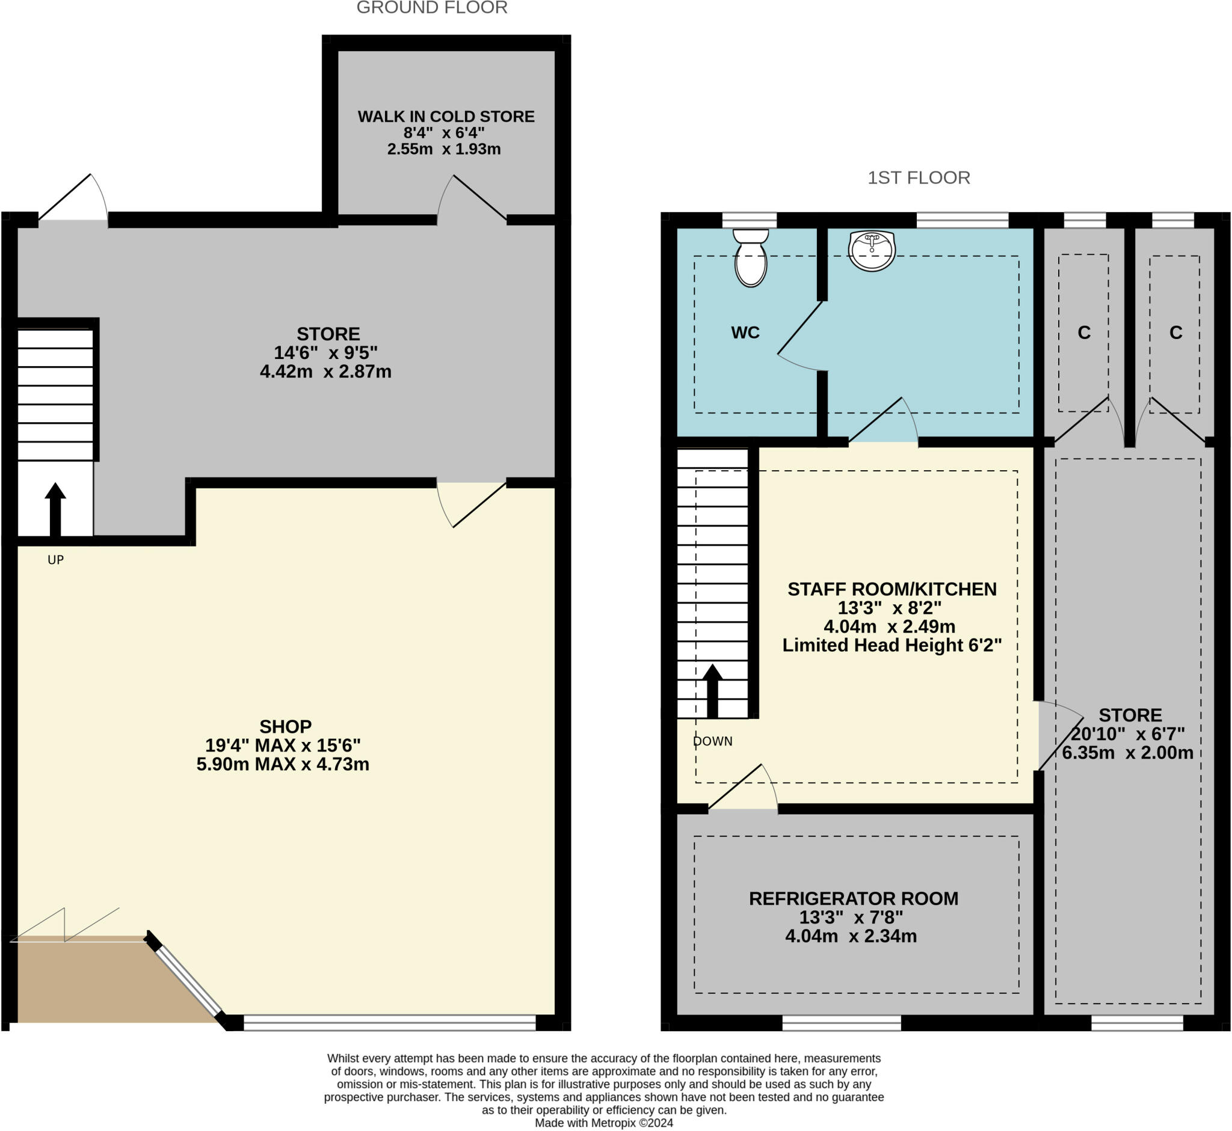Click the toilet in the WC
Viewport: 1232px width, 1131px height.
751,260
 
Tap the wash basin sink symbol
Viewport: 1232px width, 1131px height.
872,250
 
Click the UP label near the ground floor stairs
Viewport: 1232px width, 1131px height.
55,560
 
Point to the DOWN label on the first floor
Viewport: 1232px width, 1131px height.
713,741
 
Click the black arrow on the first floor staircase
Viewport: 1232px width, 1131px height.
712,690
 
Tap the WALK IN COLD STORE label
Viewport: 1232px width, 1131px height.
446,116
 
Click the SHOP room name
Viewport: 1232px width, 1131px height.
285,726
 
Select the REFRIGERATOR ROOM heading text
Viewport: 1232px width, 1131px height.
854,898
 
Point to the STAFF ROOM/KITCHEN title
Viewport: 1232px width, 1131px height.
892,589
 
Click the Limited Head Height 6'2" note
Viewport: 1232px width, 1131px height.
892,645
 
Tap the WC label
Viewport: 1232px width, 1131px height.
745,333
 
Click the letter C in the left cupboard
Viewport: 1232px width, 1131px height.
1084,333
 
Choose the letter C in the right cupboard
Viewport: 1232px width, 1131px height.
1175,333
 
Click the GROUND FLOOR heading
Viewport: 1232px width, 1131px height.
432,8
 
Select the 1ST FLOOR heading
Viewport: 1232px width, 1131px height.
919,177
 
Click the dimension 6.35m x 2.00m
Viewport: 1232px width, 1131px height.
1127,753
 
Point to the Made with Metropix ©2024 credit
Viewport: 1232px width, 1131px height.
604,1123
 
